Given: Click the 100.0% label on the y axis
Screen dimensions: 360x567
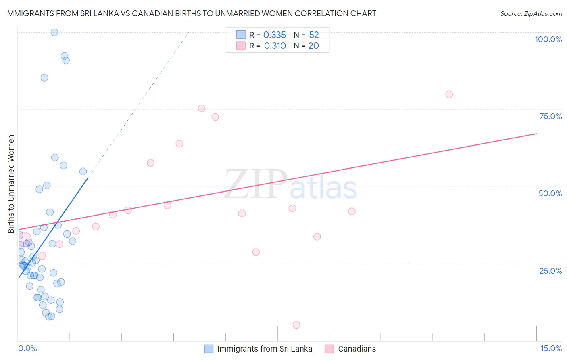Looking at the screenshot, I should [x=548, y=39].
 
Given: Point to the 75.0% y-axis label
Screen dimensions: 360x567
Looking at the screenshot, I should [x=550, y=116].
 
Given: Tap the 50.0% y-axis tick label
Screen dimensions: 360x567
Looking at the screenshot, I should [x=550, y=193].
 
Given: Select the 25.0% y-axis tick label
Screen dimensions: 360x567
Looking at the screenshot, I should [x=550, y=271].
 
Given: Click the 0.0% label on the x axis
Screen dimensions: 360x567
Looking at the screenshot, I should [x=27, y=348].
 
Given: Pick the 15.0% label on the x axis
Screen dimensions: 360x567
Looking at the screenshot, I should [x=551, y=348].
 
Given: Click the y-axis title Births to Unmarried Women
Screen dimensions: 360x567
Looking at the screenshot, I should [x=11, y=184].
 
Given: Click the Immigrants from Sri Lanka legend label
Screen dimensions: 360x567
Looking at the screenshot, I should [x=265, y=349].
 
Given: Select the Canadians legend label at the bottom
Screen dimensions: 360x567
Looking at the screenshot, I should [x=357, y=349].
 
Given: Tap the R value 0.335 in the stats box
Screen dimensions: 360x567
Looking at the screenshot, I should [x=275, y=35].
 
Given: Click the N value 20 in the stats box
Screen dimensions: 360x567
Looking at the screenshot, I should [x=313, y=46].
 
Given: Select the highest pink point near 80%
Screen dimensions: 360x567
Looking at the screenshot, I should [x=449, y=94].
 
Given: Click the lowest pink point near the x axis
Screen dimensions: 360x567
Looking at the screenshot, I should [x=296, y=325].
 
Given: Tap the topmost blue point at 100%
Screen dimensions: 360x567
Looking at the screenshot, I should [x=54, y=32].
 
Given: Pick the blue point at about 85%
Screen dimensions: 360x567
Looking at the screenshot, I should [x=44, y=77].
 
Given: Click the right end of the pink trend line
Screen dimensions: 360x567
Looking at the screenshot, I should [x=536, y=134].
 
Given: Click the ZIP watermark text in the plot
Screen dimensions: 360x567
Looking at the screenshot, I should [x=256, y=184].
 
